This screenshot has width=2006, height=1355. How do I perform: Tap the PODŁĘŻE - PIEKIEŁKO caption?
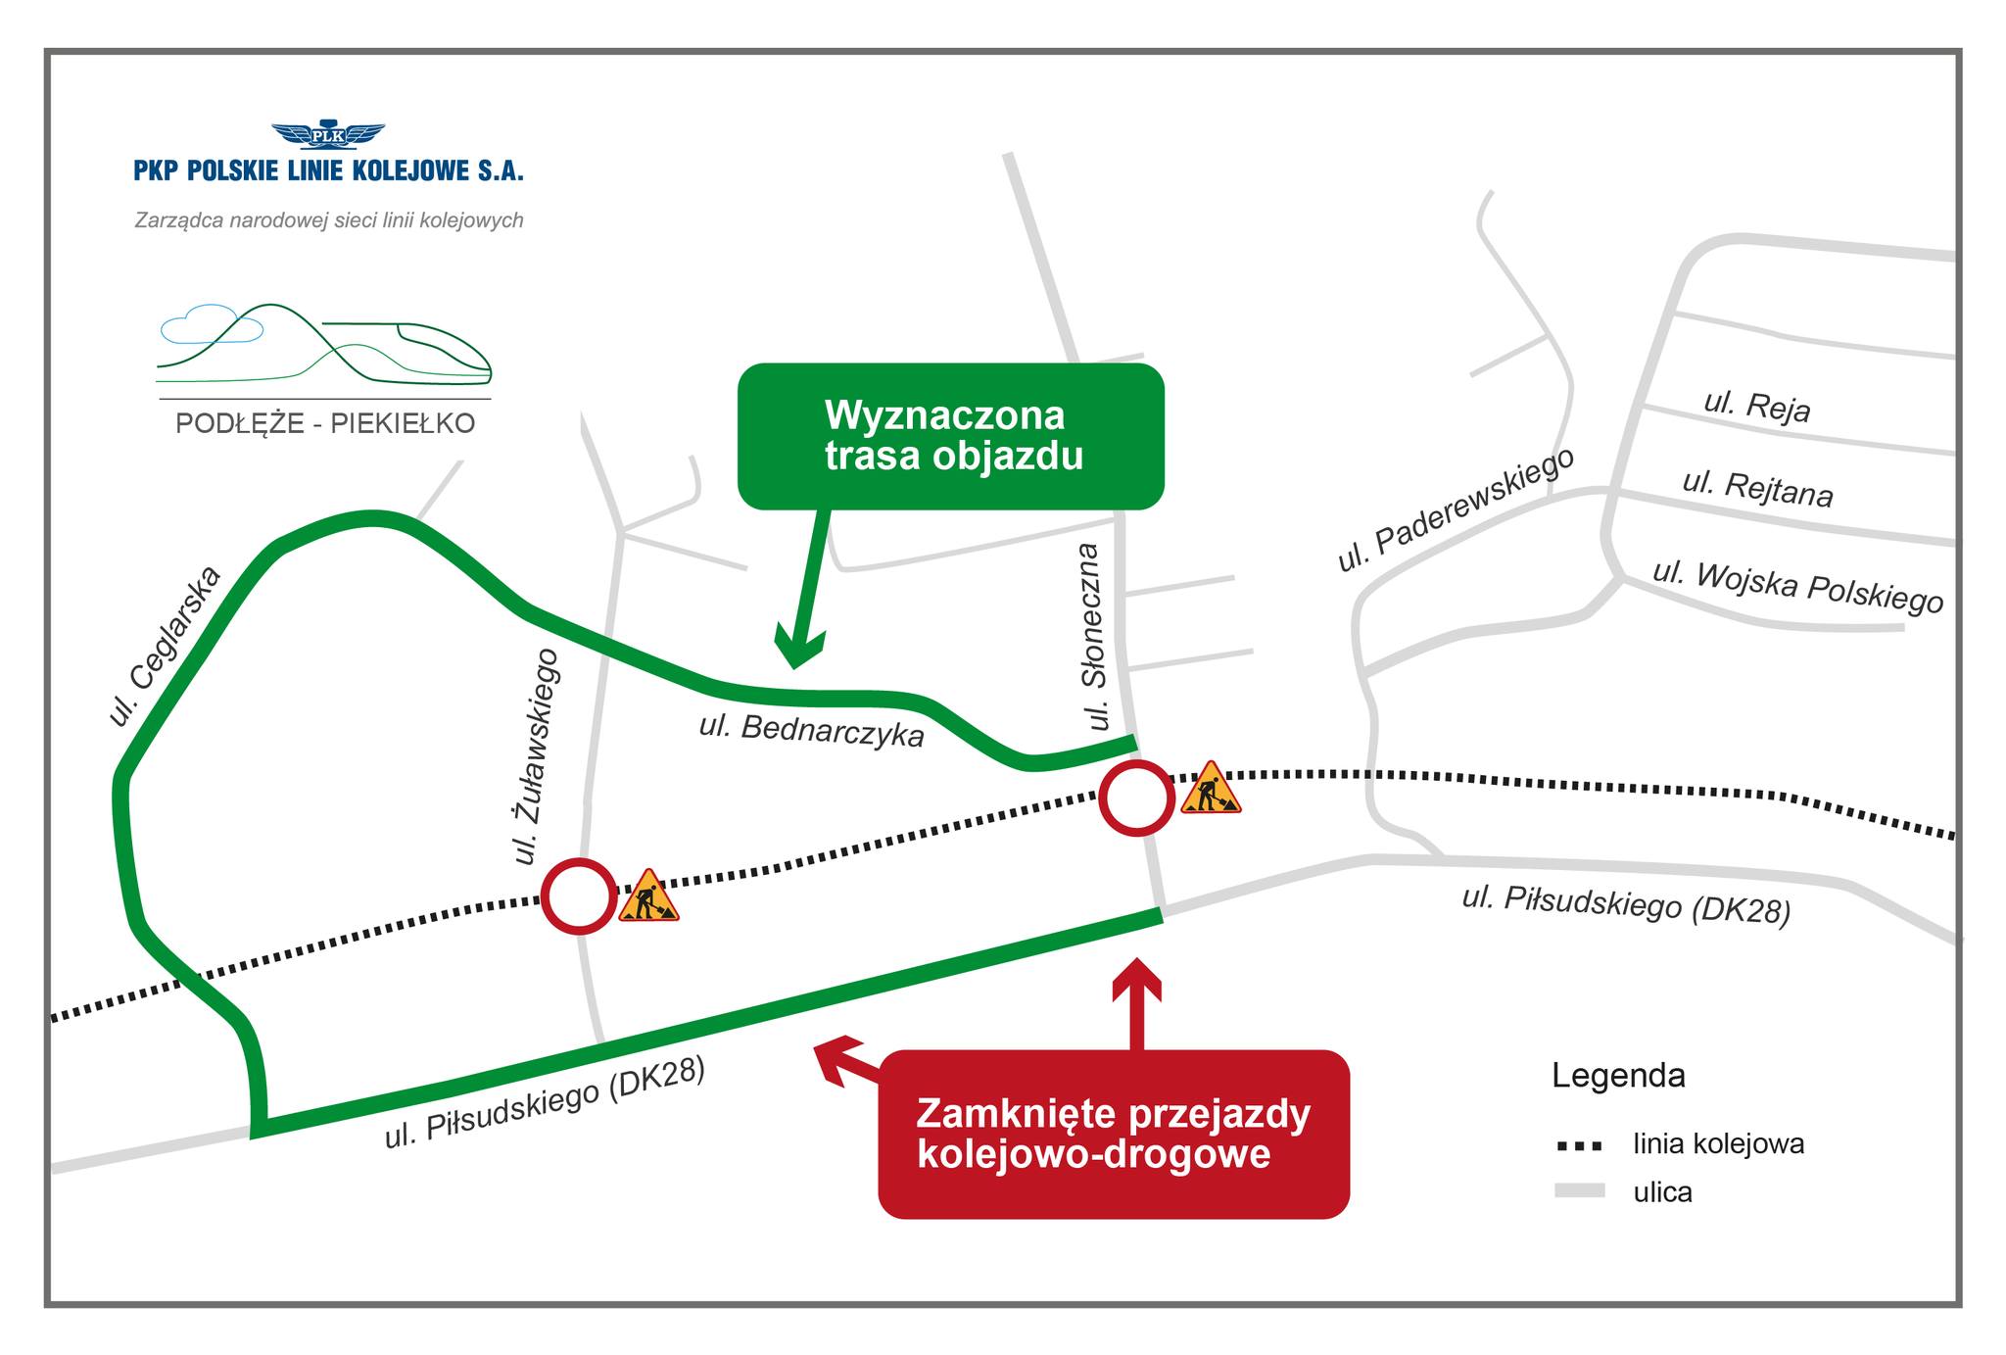point(325,423)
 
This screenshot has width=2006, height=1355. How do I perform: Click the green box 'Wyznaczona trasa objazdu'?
point(950,436)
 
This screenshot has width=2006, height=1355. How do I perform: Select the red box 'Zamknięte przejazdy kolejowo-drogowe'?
point(1113,1134)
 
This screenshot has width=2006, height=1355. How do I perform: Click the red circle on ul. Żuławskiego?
point(579,895)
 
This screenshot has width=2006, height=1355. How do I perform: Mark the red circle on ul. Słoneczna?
point(1136,798)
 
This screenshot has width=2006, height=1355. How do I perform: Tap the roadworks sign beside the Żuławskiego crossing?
point(647,896)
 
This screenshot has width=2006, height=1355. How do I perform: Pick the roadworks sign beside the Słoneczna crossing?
point(1211,789)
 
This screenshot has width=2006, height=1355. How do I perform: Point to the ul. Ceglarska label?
point(166,647)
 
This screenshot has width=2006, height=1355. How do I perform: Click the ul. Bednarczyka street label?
point(811,730)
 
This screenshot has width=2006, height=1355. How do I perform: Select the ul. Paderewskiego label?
point(1456,509)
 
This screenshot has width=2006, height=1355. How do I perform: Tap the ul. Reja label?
point(1757,406)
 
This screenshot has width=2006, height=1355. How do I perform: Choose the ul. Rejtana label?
point(1757,488)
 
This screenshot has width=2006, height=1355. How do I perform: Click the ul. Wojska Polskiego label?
point(1797,587)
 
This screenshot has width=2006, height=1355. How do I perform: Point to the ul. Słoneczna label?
point(1096,637)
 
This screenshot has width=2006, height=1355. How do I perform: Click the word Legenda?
point(1618,1076)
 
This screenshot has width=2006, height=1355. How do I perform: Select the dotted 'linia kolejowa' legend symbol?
point(1579,1145)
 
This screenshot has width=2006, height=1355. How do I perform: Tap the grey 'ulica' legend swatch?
point(1579,1191)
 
